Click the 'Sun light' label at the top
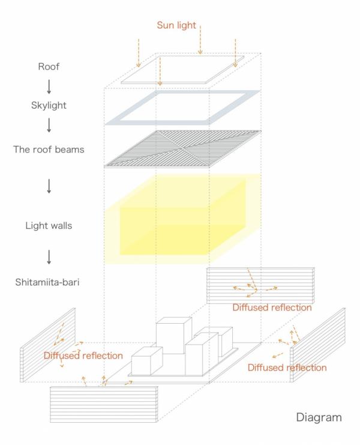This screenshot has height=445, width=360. pyautogui.click(x=176, y=25)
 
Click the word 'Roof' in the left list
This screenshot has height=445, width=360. pyautogui.click(x=49, y=67)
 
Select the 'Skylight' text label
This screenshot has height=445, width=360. pyautogui.click(x=49, y=105)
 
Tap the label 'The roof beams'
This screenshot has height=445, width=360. pyautogui.click(x=49, y=149)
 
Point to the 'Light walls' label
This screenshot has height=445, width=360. pyautogui.click(x=49, y=226)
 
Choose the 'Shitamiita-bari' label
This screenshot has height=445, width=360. pyautogui.click(x=49, y=280)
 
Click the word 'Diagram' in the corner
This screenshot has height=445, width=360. pyautogui.click(x=319, y=417)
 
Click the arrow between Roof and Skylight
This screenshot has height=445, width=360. pyautogui.click(x=49, y=86)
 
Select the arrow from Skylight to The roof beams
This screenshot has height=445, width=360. pyautogui.click(x=49, y=125)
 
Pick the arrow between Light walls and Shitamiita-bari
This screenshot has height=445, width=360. pyautogui.click(x=49, y=256)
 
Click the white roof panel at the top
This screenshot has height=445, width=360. pyautogui.click(x=183, y=69)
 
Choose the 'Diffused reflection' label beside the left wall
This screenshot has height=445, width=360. pyautogui.click(x=83, y=356)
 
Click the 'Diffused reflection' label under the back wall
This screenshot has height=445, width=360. pyautogui.click(x=272, y=307)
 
